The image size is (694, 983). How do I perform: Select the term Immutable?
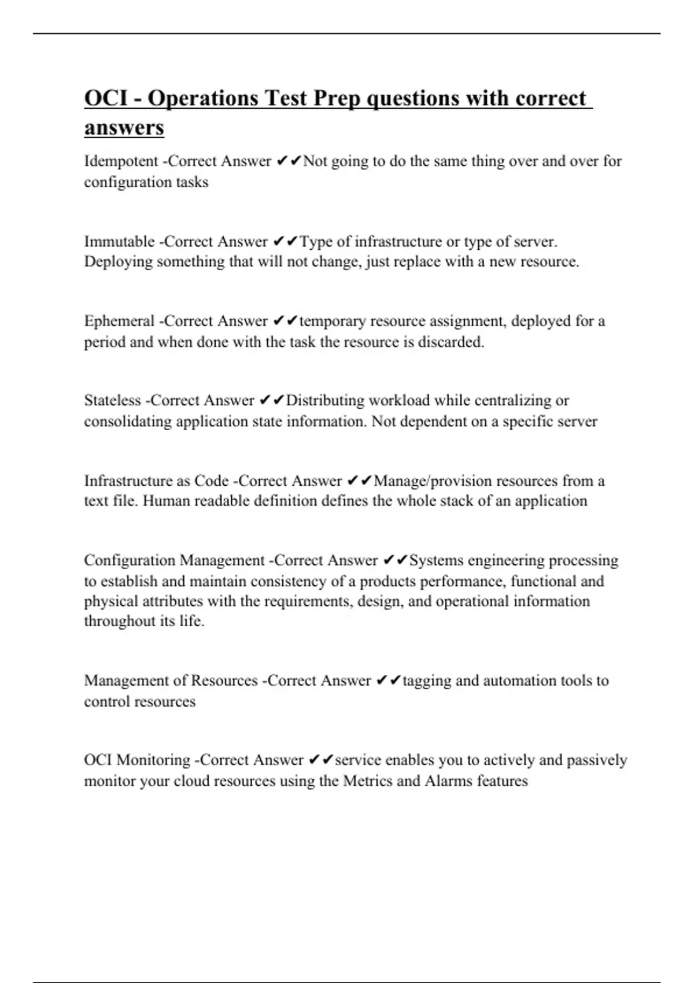(x=119, y=241)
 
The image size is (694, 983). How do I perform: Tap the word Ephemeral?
(x=119, y=321)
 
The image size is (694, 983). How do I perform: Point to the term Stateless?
(x=112, y=400)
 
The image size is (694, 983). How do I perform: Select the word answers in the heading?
(x=124, y=127)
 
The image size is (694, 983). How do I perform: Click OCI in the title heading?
(x=106, y=98)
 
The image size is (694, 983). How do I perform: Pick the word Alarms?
(x=448, y=781)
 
